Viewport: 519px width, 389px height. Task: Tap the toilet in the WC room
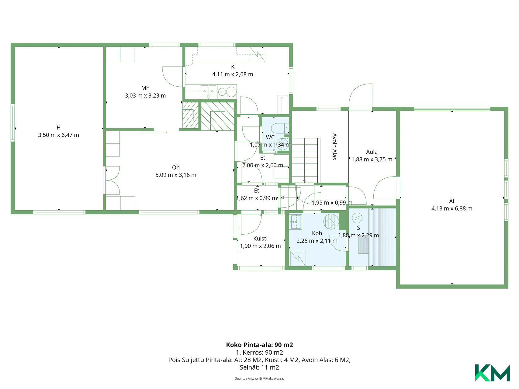click(279, 128)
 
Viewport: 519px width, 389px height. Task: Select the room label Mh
click(145, 88)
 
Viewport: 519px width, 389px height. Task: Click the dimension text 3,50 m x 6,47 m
click(59, 135)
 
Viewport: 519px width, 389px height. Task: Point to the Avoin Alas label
click(334, 146)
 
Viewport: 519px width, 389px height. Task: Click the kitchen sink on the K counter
click(208, 91)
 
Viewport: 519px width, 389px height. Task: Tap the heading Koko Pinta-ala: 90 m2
click(259, 345)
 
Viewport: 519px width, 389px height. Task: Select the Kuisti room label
click(260, 239)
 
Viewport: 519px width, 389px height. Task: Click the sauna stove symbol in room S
click(357, 218)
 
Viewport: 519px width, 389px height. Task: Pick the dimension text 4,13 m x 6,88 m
click(452, 208)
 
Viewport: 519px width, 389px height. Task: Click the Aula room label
click(372, 152)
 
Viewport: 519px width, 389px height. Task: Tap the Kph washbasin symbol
click(295, 222)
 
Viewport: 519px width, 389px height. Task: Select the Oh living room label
click(176, 167)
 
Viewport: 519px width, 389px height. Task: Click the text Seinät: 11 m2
click(259, 367)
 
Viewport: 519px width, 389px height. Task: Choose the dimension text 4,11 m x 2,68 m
click(233, 74)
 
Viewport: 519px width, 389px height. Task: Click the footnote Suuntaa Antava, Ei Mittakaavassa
click(259, 379)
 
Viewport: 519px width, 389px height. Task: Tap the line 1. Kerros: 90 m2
click(259, 353)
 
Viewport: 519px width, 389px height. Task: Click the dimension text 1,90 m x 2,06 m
click(261, 246)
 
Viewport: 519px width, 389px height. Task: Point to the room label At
click(452, 201)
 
